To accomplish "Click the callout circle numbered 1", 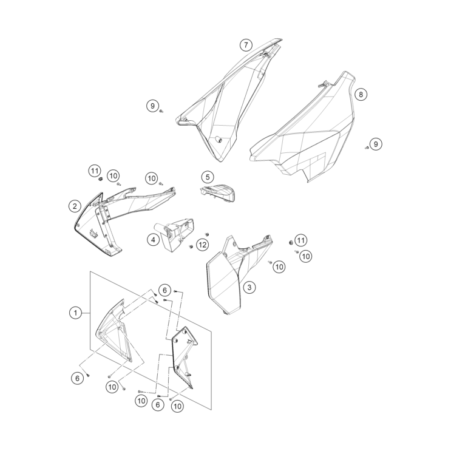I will click(x=75, y=313).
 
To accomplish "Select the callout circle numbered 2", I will click(x=75, y=206).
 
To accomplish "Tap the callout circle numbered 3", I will click(x=249, y=285).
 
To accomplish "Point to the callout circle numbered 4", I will click(x=154, y=240).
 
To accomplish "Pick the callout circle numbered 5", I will click(x=207, y=177).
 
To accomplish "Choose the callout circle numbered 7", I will click(x=245, y=45).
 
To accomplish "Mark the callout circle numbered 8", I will click(x=361, y=95).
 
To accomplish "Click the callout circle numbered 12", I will click(x=202, y=245).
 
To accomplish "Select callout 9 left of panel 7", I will click(x=152, y=106).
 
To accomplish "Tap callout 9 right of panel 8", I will click(x=376, y=144).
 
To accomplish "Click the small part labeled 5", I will click(x=219, y=191).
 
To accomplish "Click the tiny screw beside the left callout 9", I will click(x=161, y=112).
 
